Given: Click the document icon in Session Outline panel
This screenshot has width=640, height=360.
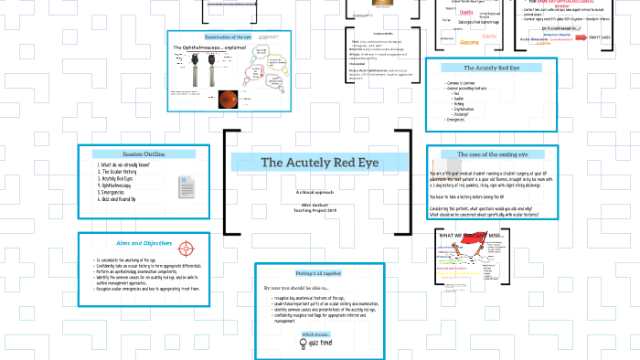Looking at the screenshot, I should pyautogui.click(x=183, y=183).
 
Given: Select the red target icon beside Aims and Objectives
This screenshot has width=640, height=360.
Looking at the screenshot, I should pyautogui.click(x=187, y=247).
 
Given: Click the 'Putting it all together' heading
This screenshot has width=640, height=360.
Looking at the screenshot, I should pyautogui.click(x=319, y=272).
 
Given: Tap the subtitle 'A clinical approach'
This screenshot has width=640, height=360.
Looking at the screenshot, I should pyautogui.click(x=317, y=193).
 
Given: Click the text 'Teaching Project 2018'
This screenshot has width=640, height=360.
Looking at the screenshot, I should pyautogui.click(x=317, y=211).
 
